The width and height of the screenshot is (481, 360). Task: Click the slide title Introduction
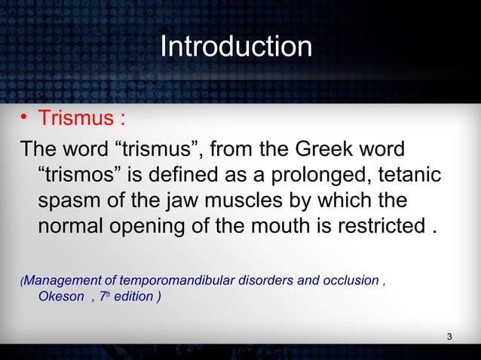[236, 47]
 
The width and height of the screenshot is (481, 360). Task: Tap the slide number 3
[449, 336]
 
